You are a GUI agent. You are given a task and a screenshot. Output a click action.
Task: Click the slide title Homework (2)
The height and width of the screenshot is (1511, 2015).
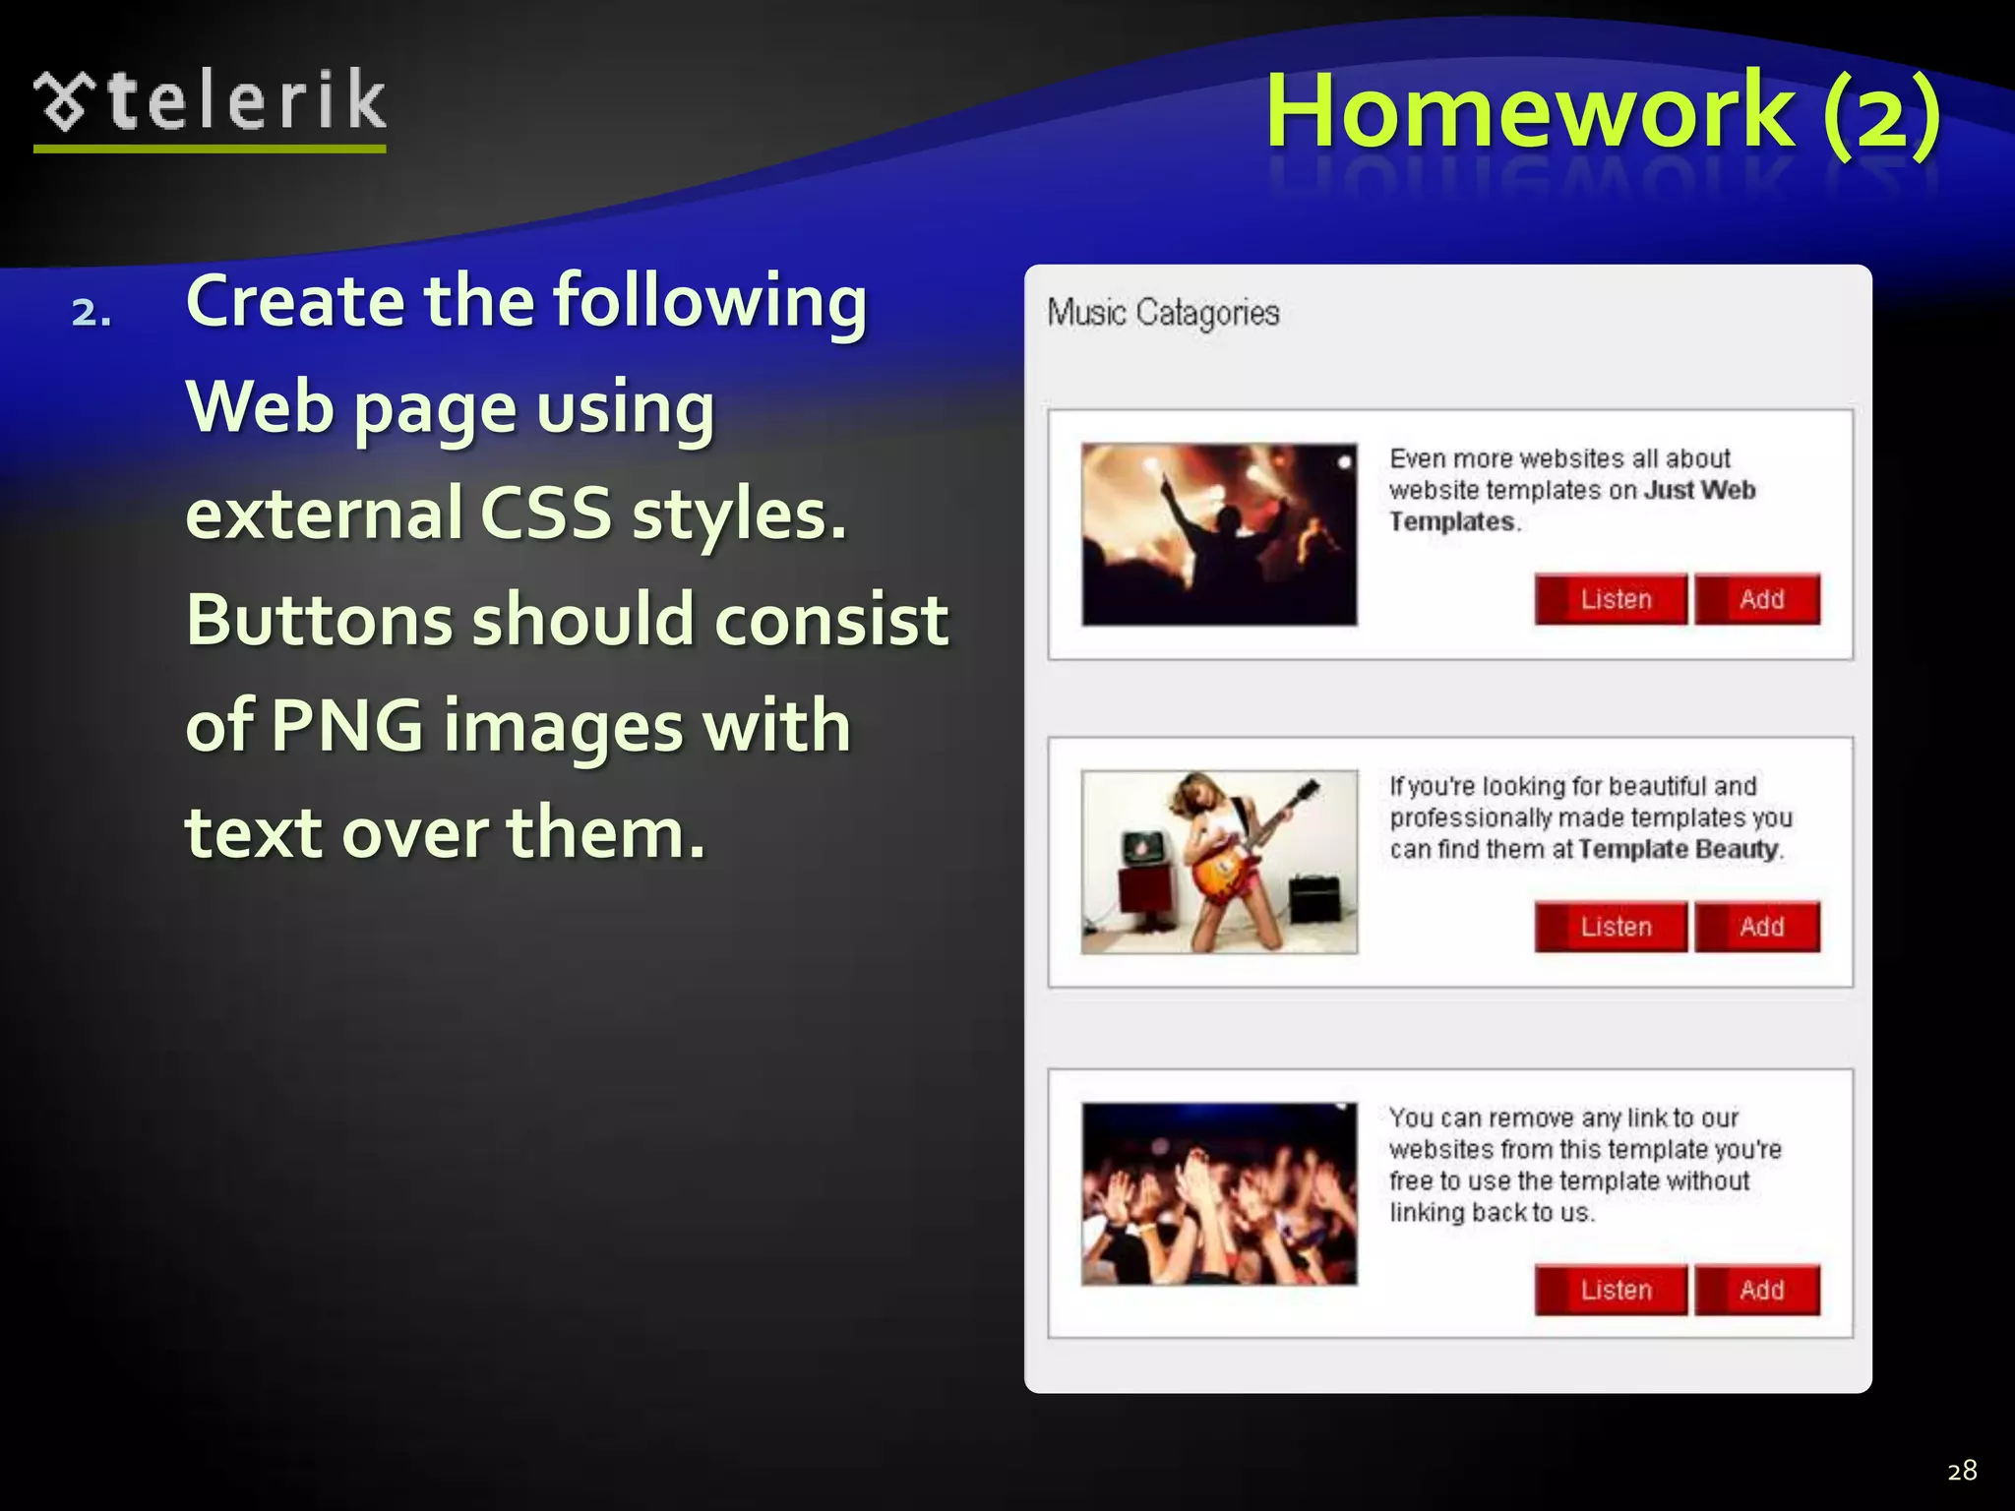click(x=1602, y=110)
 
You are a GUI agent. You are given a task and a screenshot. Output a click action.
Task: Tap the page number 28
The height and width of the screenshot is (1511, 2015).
click(x=1962, y=1470)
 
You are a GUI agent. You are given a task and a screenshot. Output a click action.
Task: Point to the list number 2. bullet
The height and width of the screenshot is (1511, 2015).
click(x=92, y=313)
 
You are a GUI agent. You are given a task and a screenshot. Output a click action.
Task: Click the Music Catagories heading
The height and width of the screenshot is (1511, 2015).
click(x=1163, y=313)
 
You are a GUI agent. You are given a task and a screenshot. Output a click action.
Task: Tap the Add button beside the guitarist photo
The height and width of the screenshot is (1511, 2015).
click(x=1758, y=927)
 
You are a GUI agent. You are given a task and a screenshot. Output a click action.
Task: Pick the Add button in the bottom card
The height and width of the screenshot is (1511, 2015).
click(x=1758, y=1290)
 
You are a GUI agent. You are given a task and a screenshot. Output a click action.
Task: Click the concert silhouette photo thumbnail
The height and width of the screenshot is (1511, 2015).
click(x=1219, y=534)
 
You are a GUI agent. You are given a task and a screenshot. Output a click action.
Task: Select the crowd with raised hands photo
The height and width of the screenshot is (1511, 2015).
click(x=1219, y=1193)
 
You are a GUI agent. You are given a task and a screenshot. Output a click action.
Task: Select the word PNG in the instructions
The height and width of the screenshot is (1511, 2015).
click(x=346, y=726)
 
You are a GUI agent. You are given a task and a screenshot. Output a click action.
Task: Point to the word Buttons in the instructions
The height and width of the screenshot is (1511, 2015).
click(x=319, y=620)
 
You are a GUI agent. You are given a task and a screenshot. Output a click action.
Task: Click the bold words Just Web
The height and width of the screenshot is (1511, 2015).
click(x=1700, y=490)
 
